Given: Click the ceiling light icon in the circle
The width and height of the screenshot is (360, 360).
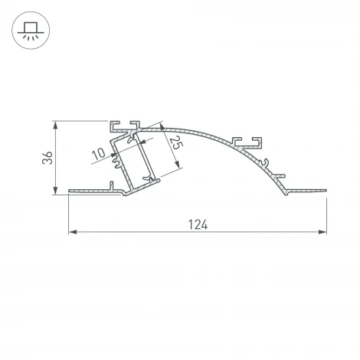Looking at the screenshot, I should point(31,31).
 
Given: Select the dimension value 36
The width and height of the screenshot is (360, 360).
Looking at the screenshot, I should point(47,159).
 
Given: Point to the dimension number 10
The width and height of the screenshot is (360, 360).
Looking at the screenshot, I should point(99,154).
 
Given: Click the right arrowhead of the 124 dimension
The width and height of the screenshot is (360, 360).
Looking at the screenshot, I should point(322,231).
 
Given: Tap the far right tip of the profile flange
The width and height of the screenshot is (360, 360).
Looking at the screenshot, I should point(326,188).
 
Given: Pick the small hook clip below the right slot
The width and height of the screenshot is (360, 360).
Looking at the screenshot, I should point(264,162).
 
